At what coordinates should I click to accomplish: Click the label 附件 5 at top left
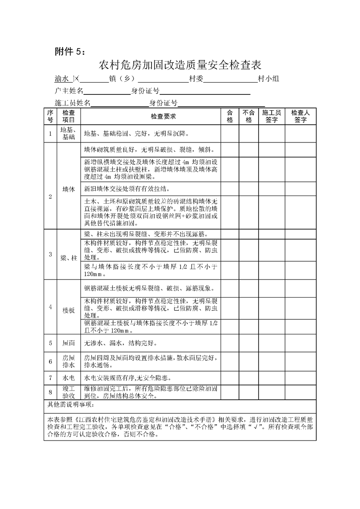tap(66, 51)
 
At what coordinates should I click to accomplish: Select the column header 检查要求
tap(151, 116)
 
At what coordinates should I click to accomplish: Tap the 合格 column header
tap(230, 116)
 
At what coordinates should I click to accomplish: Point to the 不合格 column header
tap(248, 116)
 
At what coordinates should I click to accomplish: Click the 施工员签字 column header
tap(271, 116)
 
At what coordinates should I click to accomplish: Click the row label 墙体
tap(69, 188)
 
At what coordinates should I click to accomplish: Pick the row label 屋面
tap(69, 343)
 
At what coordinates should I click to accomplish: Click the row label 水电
tap(69, 377)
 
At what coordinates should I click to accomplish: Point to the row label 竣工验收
tap(69, 392)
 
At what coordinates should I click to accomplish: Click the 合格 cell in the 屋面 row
tap(230, 343)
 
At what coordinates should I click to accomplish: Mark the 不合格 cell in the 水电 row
tap(248, 377)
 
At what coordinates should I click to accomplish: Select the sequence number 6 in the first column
tap(50, 362)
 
